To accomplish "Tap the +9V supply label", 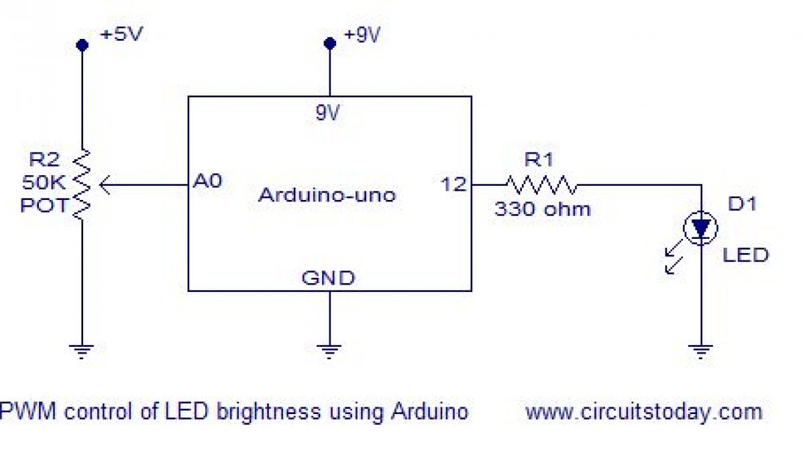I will tap(362, 35).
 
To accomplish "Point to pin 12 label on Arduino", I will tap(453, 184).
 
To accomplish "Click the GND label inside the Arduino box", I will tap(329, 277).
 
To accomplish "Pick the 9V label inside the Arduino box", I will tap(328, 113).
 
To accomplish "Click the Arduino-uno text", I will tap(327, 195).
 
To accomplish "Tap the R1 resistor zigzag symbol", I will tap(541, 184).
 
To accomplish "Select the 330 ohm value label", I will tap(543, 209).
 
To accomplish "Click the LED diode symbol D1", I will tap(700, 229).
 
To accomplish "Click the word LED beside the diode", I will tap(745, 255).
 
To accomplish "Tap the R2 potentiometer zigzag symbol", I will tap(83, 184).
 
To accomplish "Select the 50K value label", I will tap(43, 182).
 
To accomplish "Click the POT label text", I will tap(44, 205).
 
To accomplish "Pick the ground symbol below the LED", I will tap(701, 350).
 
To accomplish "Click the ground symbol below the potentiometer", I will tap(82, 350).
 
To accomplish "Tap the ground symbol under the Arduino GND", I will tap(329, 350).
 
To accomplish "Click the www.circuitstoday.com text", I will tap(643, 411).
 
